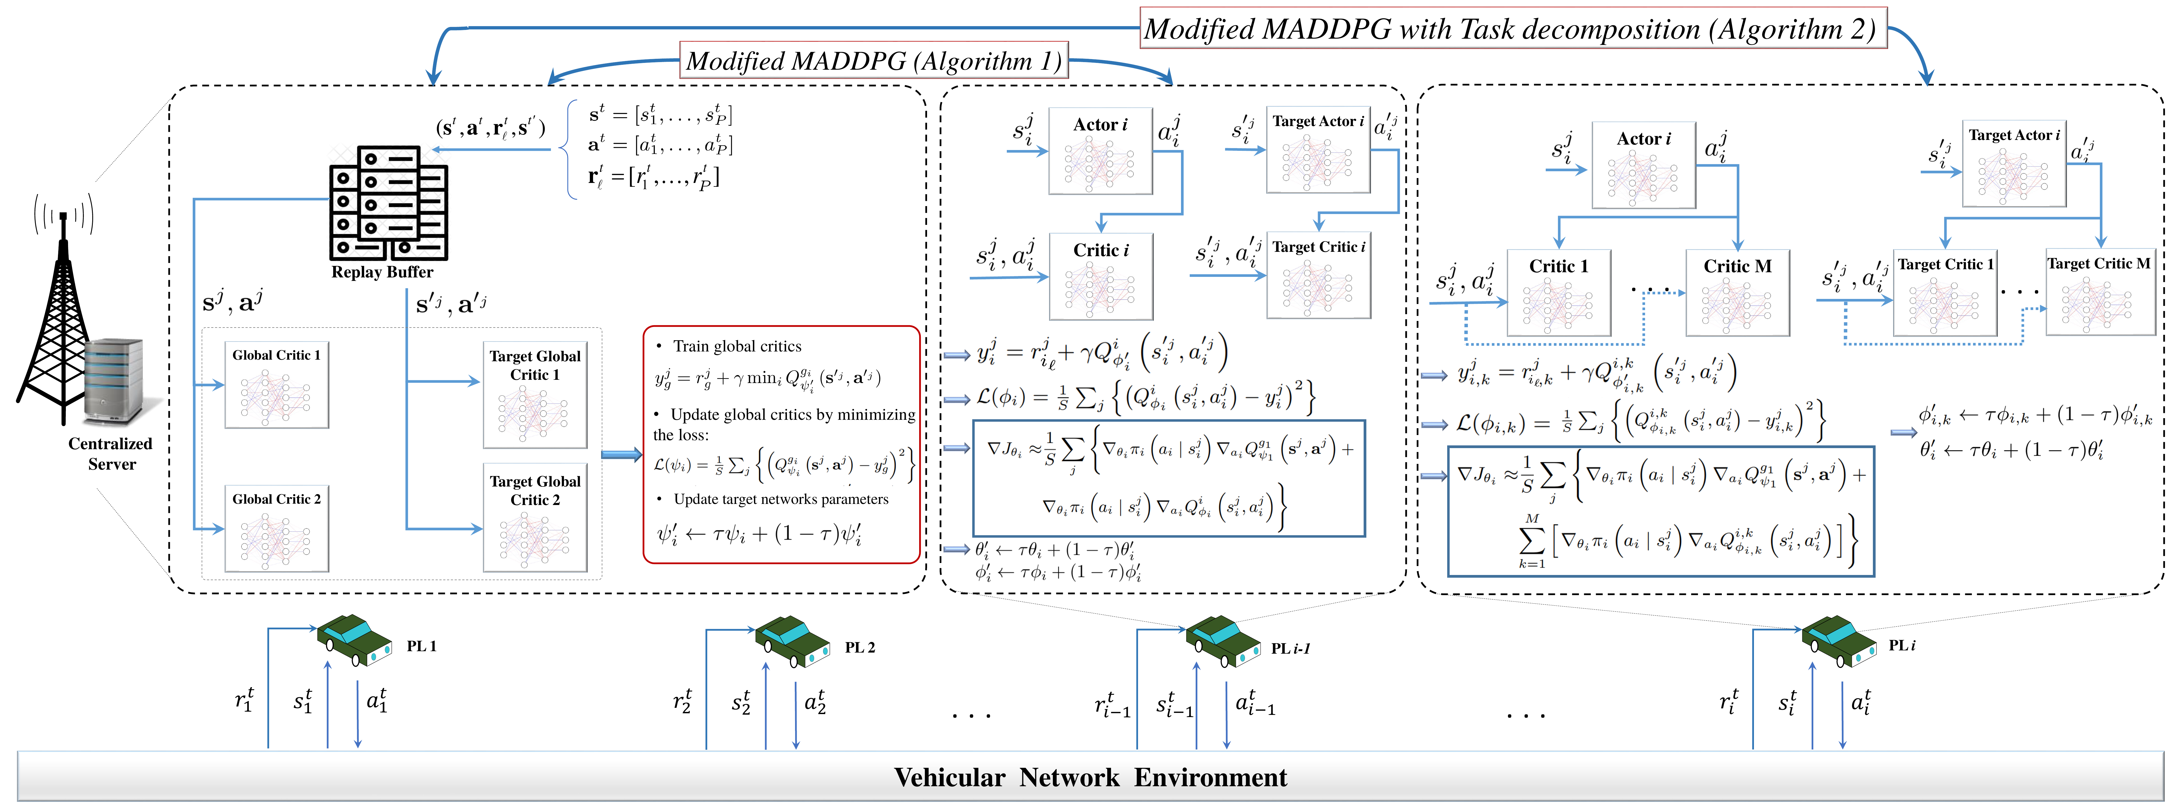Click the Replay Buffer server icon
point(388,203)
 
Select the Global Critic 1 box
point(277,385)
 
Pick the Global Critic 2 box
point(277,528)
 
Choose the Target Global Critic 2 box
point(534,518)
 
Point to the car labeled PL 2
point(792,641)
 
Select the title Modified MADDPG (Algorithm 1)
point(873,61)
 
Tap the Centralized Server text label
point(111,453)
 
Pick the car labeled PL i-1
point(1223,642)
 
